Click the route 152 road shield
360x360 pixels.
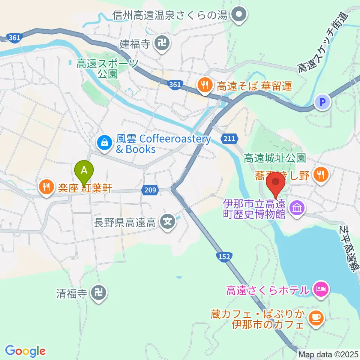(224, 256)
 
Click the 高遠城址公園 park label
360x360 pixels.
(275, 159)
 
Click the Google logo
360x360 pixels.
(25, 351)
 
